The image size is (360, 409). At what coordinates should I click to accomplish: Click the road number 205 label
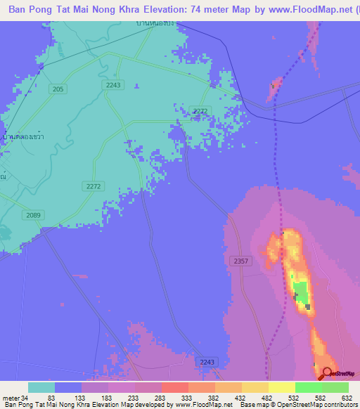58,89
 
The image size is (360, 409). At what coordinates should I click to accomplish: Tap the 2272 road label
93,186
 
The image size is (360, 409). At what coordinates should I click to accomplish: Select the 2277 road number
200,110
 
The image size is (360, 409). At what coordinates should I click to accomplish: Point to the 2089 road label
32,215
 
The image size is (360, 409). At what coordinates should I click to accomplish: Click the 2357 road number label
240,261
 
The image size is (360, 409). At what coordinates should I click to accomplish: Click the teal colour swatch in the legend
41,387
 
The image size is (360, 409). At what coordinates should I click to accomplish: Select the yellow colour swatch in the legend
281,387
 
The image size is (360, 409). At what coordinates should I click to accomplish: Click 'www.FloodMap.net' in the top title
310,9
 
